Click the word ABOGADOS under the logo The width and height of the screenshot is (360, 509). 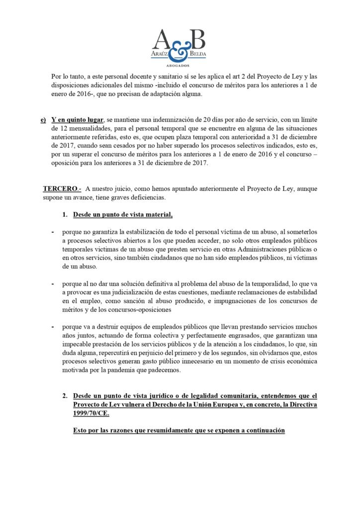click(180, 65)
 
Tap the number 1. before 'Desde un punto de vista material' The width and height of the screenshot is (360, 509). click(65, 215)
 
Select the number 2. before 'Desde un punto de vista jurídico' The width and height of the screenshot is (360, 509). click(65, 396)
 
